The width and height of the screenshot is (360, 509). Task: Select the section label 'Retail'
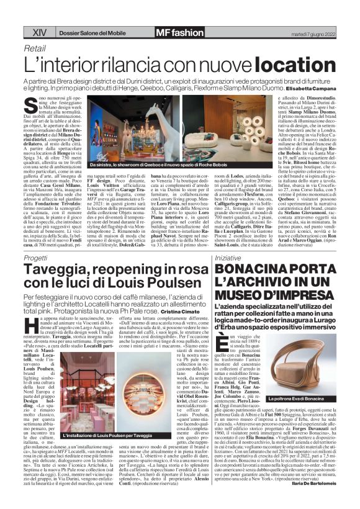(35, 48)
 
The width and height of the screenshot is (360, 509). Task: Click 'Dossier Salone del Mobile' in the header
(77, 32)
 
